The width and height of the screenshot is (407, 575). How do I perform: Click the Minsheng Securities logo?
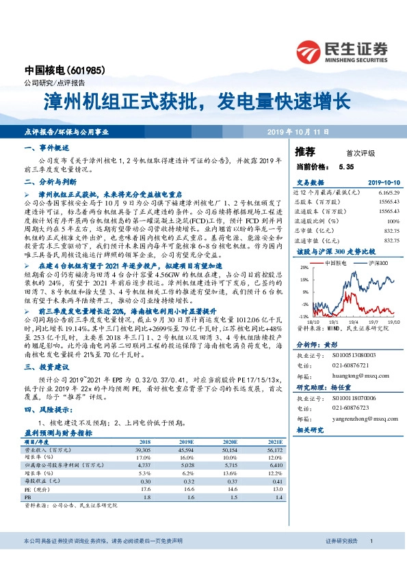coord(341,50)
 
